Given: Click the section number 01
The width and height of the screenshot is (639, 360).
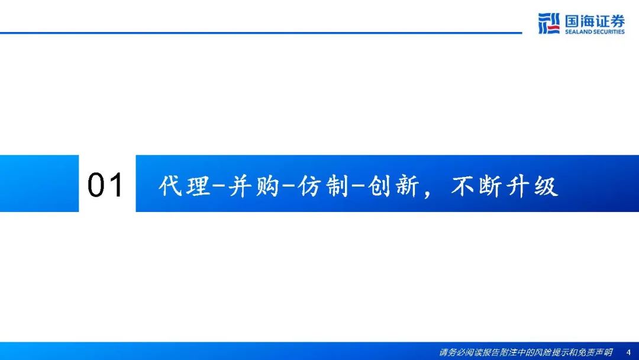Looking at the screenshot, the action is [x=105, y=185].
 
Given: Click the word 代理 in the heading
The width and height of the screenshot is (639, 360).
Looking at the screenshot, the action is [x=184, y=187].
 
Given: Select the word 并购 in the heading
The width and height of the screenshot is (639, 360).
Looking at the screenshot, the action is [x=253, y=187].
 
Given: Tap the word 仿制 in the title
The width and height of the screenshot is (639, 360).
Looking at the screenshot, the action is [x=324, y=187].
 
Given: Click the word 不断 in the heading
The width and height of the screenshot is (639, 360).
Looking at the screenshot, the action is [x=476, y=187].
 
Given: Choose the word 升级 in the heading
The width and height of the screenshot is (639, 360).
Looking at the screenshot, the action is [x=532, y=187].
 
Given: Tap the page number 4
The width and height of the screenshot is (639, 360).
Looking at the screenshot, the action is [x=628, y=352].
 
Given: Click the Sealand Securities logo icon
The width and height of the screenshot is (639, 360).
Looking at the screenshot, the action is [x=549, y=23].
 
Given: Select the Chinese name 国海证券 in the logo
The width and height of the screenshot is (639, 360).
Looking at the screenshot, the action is [x=595, y=21].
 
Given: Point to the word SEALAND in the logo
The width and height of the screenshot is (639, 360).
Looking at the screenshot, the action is [x=579, y=32].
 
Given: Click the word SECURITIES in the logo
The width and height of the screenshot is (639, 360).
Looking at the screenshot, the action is [x=609, y=32].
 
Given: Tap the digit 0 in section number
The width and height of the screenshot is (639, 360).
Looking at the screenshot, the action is [x=96, y=185].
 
